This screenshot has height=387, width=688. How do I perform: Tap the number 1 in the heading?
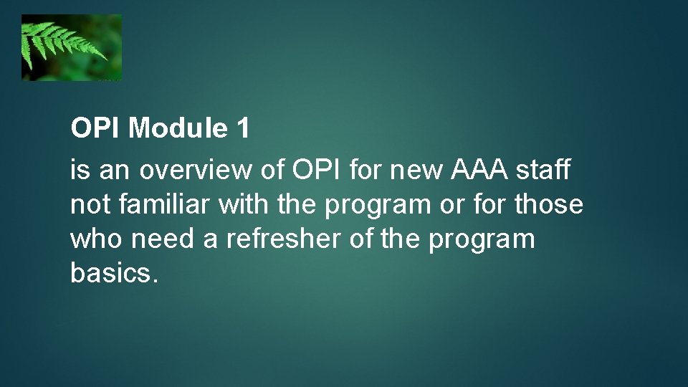(242, 129)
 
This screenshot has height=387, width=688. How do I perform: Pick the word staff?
(547, 171)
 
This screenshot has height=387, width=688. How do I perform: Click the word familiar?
(166, 205)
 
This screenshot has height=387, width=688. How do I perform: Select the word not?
(90, 205)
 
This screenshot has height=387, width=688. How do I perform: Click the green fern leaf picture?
(71, 47)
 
